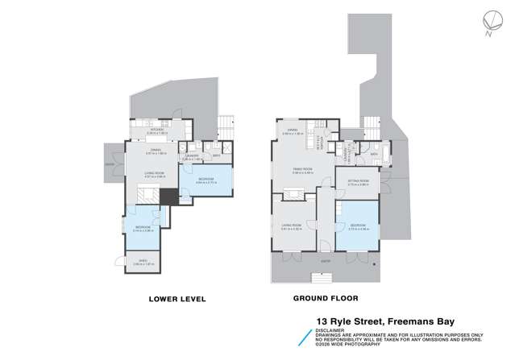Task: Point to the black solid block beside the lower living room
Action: (168, 197)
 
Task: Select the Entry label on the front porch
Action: (324, 262)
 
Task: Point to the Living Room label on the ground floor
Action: (291, 226)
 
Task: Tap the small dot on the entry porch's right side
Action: (372, 262)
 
